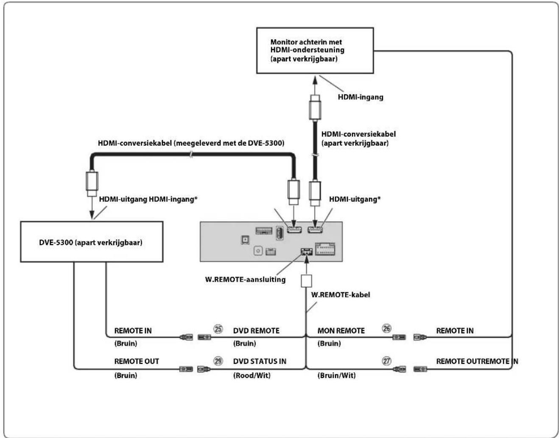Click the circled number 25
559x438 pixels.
coord(218,329)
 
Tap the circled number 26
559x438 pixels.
coord(386,328)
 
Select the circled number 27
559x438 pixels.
coord(386,361)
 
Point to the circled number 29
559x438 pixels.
coord(218,361)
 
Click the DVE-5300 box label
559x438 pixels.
coord(91,242)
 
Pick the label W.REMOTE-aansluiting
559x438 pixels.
coord(245,280)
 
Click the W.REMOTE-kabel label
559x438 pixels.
coord(340,295)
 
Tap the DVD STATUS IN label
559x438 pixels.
coord(260,361)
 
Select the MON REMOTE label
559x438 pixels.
coord(341,331)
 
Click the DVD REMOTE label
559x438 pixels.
coord(256,331)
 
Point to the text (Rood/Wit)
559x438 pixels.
coord(252,376)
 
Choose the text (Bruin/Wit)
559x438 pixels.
coord(336,376)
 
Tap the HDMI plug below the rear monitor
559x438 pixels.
coord(315,107)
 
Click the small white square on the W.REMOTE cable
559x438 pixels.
coord(306,281)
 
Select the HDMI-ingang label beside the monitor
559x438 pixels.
coord(361,97)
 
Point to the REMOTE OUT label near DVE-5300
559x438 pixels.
coord(137,361)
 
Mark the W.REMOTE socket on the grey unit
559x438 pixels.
coord(307,252)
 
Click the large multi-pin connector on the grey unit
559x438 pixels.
coord(325,249)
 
